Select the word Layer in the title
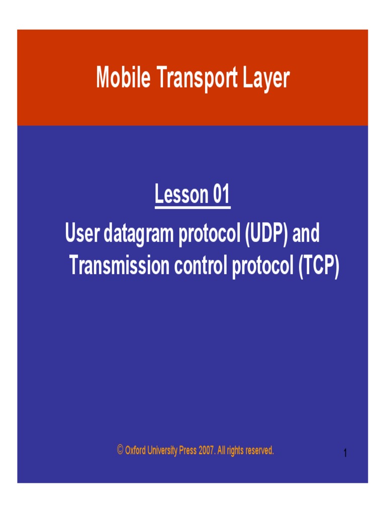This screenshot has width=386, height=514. tap(267, 78)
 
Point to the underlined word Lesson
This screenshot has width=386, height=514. tap(181, 195)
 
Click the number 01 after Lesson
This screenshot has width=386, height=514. tap(221, 195)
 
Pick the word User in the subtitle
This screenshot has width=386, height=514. tap(83, 234)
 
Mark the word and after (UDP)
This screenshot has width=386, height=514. tap(306, 234)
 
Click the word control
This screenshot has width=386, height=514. tap(201, 265)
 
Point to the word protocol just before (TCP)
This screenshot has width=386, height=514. tap(262, 266)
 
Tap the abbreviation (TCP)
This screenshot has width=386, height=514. tap(319, 265)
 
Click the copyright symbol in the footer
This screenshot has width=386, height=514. tap(120, 450)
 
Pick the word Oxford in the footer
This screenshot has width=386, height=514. tap(136, 450)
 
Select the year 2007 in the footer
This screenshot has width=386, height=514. tap(207, 450)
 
